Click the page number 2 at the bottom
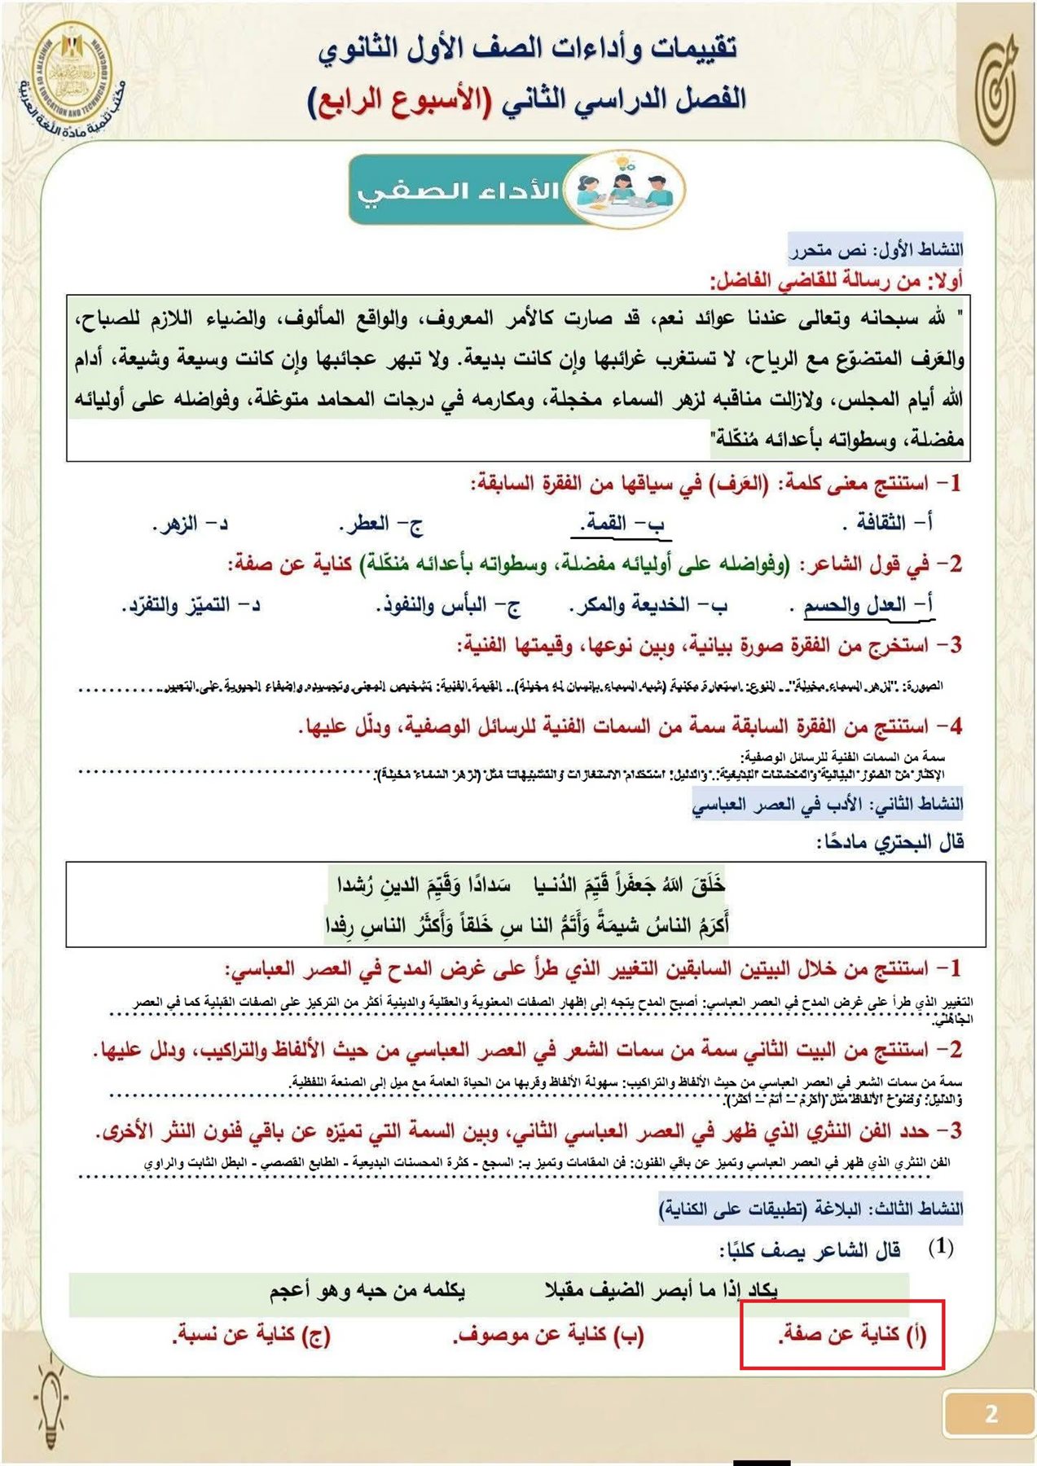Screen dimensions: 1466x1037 [x=990, y=1413]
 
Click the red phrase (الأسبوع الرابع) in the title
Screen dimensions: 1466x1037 [x=400, y=101]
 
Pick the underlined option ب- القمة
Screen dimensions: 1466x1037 [x=624, y=524]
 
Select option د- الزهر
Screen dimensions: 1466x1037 [x=191, y=524]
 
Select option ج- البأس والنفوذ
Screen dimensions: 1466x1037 [x=448, y=606]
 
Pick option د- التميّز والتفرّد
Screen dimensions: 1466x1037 [x=191, y=606]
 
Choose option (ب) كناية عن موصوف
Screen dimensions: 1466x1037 [x=548, y=1334]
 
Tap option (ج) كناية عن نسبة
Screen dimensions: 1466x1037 [x=252, y=1334]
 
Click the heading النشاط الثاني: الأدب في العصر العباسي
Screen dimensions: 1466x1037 [x=827, y=805]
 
